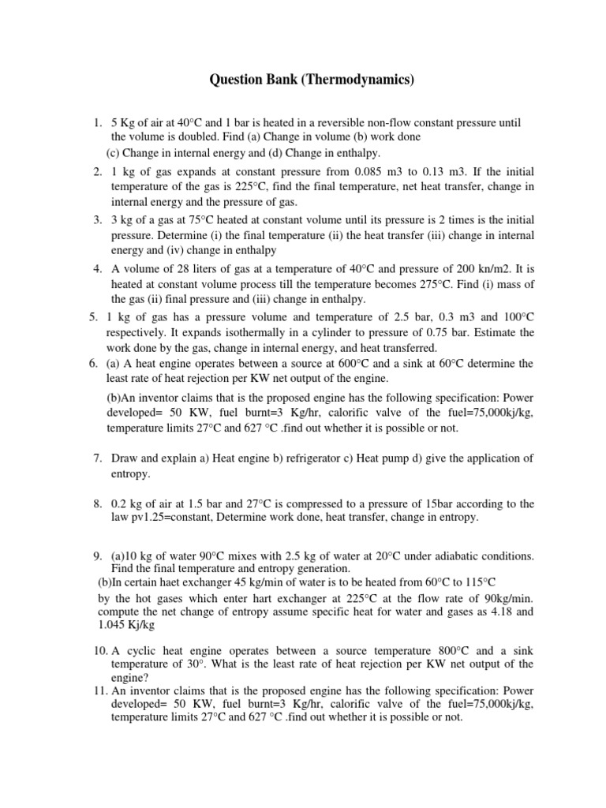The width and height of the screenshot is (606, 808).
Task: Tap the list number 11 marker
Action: (x=98, y=694)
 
